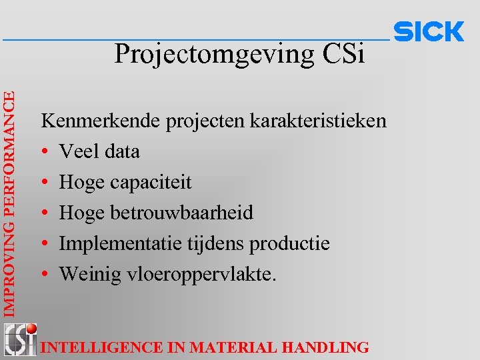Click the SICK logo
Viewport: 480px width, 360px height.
[x=429, y=31]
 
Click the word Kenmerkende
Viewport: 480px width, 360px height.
[x=93, y=121]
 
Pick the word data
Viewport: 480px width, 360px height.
[x=121, y=151]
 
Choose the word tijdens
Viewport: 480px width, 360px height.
[x=213, y=244]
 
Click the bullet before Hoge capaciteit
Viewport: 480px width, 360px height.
[x=45, y=183]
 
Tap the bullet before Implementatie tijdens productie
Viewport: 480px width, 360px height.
[x=45, y=244]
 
